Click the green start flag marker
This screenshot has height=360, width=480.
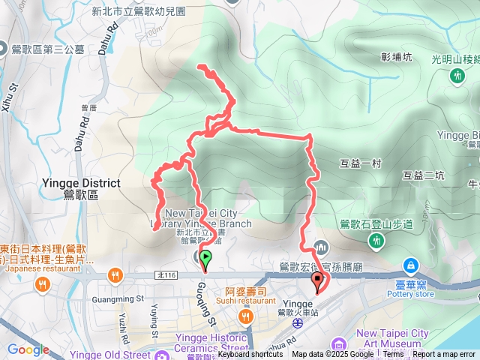coord(205,259)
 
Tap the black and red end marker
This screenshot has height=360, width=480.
coord(317,282)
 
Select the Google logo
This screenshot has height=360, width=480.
coord(28,349)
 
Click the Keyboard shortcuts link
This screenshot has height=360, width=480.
coord(250,355)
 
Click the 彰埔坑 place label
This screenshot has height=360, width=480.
coord(397,56)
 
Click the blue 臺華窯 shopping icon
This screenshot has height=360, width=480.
coord(411,265)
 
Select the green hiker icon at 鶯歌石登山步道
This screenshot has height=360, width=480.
coord(376,241)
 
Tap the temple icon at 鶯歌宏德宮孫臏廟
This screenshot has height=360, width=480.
coord(320,247)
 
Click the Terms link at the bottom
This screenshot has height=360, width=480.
coord(393,355)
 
